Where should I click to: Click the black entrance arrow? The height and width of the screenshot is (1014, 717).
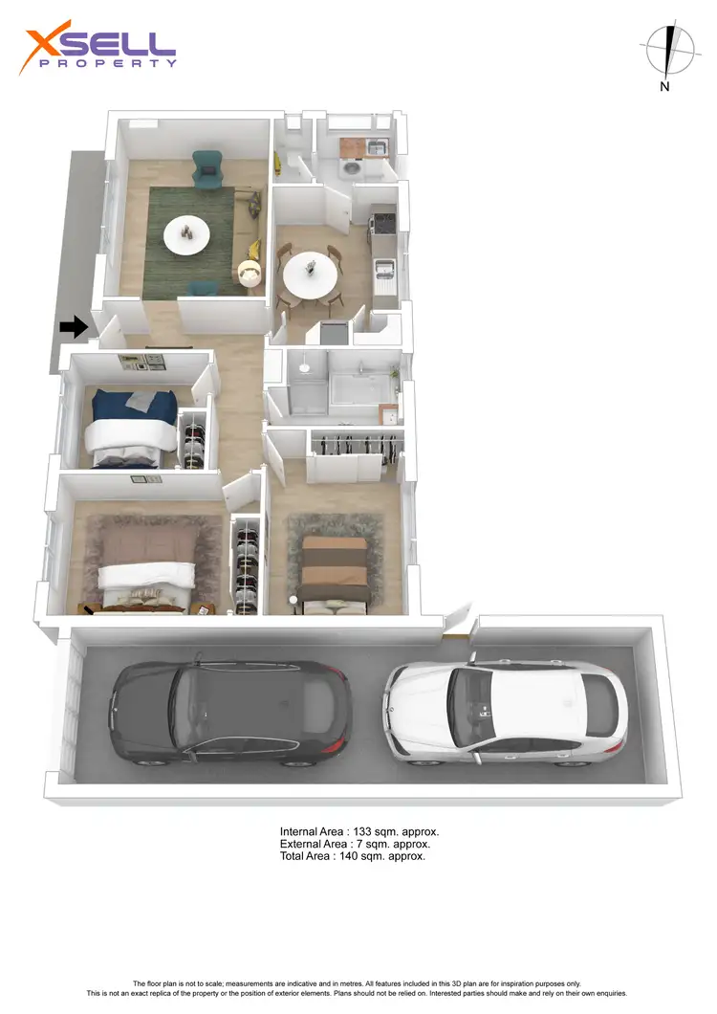pyautogui.click(x=73, y=327)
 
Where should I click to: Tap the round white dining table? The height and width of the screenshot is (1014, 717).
pyautogui.click(x=310, y=275)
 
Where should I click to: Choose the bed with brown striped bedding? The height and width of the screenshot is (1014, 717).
pyautogui.click(x=333, y=568)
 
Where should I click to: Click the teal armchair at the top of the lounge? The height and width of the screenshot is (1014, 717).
pyautogui.click(x=206, y=168)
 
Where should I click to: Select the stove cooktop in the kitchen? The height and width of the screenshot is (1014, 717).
pyautogui.click(x=382, y=222)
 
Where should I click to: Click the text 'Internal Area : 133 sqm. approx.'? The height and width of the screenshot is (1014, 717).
pyautogui.click(x=358, y=831)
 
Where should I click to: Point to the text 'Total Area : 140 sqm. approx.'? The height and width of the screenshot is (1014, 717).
pyautogui.click(x=352, y=856)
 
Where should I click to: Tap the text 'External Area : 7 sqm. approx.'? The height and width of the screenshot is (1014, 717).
pyautogui.click(x=355, y=844)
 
